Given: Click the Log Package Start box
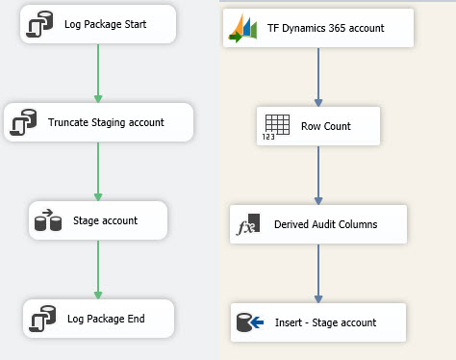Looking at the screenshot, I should pos(98,24).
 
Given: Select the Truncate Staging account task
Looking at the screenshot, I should pos(99,122).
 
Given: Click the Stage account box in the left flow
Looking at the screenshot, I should pos(99,220).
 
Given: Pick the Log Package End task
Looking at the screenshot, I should pos(99,319).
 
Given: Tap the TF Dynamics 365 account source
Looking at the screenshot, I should pos(318,28).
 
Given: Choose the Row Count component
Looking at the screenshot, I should pos(318,126).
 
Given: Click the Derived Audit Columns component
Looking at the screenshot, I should pos(318,224).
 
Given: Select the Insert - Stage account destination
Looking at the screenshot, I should pos(318,322).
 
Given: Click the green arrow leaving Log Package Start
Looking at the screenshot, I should pos(98,73).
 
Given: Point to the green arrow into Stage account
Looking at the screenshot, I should pos(98,171).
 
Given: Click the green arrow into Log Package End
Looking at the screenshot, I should pos(98,270).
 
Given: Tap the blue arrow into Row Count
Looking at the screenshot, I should pos(318,77).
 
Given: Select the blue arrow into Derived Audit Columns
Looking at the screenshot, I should pos(318,175).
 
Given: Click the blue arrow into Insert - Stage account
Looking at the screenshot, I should pos(318,273).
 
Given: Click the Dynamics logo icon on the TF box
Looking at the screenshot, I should pos(241,28).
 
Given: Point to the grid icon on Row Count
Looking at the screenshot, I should pos(275,126).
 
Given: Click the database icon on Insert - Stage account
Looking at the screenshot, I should pos(243,322).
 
